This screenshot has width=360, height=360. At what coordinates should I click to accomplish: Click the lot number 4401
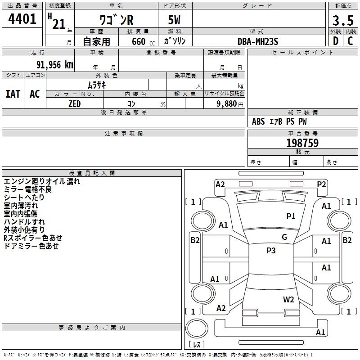22,19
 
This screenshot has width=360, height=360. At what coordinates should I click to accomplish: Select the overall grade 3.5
343,21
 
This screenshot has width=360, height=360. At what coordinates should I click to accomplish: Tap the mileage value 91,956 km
55,65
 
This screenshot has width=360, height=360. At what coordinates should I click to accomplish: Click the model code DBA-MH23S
258,41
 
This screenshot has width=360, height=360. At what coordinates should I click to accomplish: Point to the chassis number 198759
302,143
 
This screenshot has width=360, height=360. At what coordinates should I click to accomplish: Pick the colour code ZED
75,104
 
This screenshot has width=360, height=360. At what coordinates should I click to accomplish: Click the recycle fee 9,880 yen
230,104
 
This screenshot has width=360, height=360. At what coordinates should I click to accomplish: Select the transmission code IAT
13,94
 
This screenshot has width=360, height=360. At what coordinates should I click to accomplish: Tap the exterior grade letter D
336,41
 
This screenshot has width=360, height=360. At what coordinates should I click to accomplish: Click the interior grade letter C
350,41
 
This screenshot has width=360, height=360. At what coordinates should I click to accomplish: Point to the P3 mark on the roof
271,250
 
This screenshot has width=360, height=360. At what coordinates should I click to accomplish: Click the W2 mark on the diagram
288,299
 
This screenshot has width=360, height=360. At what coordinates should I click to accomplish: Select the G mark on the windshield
284,237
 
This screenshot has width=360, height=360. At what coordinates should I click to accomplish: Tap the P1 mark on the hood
291,216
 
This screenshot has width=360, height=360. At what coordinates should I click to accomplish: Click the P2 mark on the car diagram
321,184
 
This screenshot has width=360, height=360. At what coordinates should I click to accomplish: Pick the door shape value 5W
174,20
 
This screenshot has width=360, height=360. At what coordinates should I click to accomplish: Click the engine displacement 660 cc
143,41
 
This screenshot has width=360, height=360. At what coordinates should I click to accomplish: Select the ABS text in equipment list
258,121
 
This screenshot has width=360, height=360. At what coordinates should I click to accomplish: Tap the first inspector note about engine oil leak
42,181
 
